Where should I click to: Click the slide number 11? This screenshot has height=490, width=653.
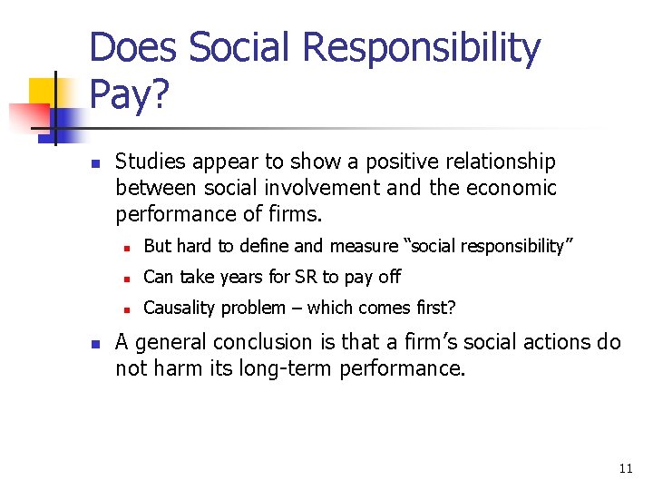click(x=625, y=468)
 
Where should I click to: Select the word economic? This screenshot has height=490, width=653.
click(x=514, y=189)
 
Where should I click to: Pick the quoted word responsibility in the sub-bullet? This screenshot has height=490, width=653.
click(x=513, y=246)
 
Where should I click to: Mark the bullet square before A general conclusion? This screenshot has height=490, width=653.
click(x=94, y=344)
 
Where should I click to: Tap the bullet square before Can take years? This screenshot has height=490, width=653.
click(x=130, y=278)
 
